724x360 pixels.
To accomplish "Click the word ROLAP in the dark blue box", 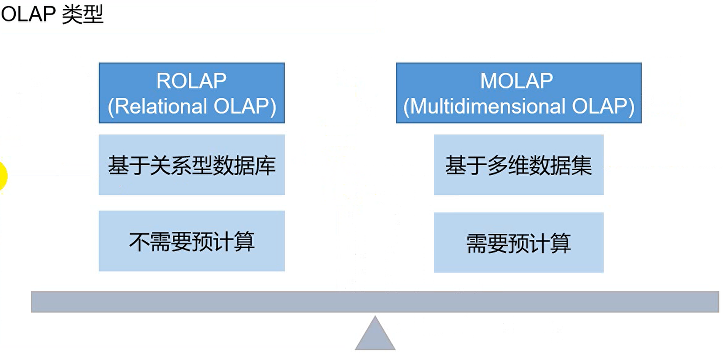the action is (x=191, y=81).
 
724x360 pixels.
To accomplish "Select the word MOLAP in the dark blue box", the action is (x=516, y=81).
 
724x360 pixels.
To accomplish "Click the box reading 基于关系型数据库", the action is (x=192, y=165).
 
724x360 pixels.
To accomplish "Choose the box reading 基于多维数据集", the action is (x=519, y=165).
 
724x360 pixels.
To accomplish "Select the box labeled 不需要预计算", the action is (x=192, y=241).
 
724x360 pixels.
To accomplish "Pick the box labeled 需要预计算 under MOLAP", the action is (x=519, y=242).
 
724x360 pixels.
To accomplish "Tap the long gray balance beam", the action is (x=375, y=302).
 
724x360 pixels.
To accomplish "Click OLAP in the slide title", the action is (x=28, y=14).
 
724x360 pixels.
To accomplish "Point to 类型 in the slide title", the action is (x=83, y=14).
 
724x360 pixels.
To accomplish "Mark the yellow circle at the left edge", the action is (x=3, y=176).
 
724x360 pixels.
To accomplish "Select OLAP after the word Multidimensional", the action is (x=600, y=106).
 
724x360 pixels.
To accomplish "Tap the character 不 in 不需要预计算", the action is (x=139, y=242).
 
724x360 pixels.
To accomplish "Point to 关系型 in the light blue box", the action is (x=181, y=166).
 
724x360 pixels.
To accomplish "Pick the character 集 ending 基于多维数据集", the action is (x=582, y=166).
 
